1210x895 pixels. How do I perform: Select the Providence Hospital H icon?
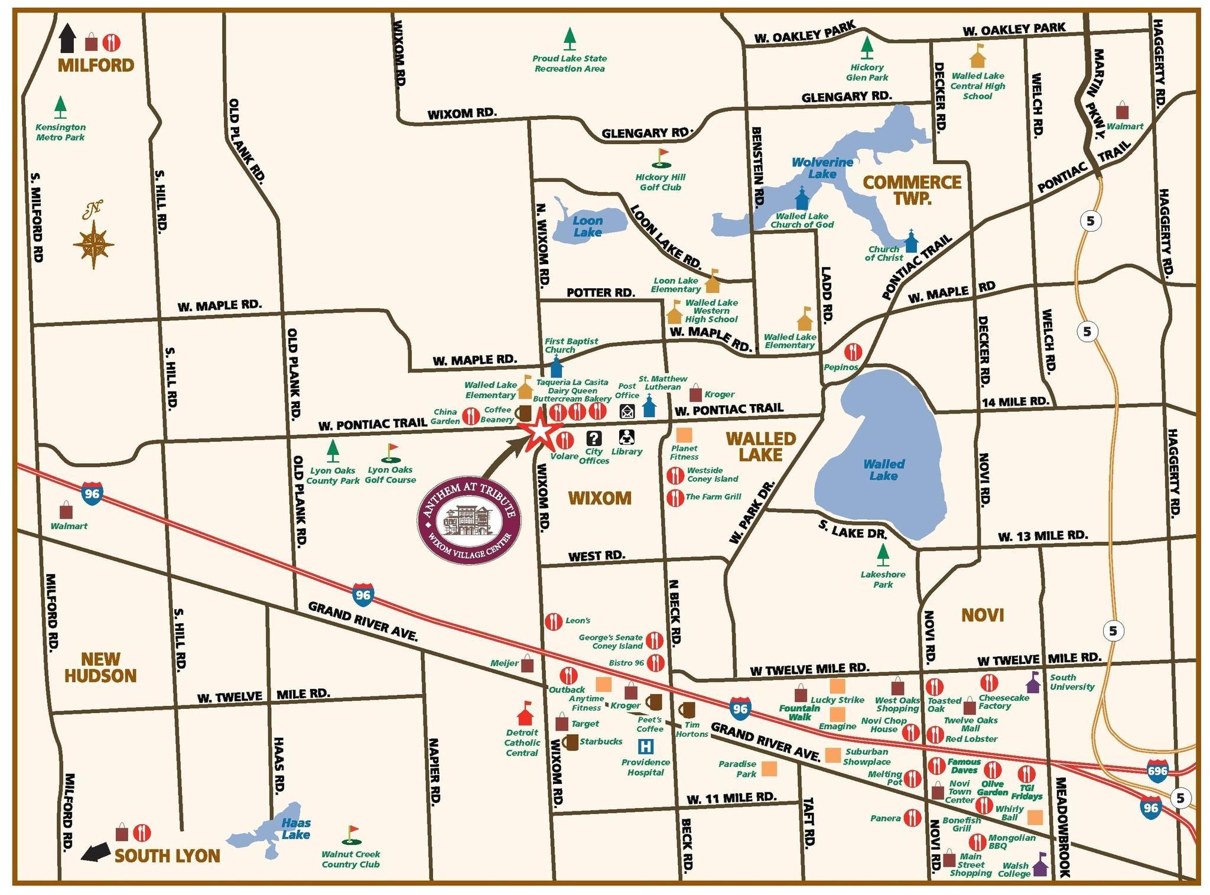[646, 747]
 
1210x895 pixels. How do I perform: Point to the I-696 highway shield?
[1157, 771]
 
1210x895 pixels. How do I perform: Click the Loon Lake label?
[588, 227]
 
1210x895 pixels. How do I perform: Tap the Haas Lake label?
[295, 828]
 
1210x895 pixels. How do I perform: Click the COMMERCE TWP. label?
[912, 190]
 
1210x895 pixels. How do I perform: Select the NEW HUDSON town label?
[100, 667]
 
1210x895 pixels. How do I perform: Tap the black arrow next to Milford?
[68, 38]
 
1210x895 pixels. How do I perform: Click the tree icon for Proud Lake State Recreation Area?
[569, 39]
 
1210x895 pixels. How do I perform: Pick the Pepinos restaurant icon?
[853, 352]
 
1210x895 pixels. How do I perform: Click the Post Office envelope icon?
[627, 411]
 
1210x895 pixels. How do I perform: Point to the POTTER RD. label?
[600, 292]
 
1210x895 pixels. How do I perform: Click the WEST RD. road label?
[596, 556]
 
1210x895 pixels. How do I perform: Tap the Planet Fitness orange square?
[684, 435]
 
